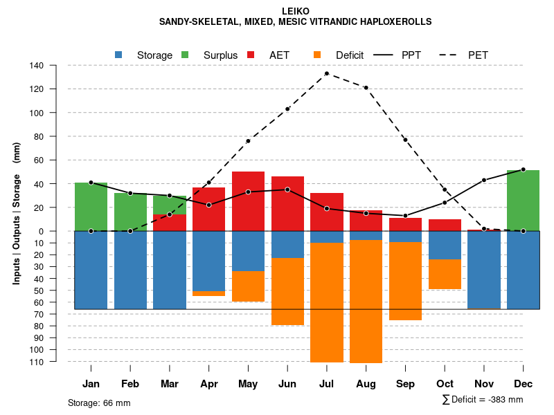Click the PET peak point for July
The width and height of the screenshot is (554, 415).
pos(326,73)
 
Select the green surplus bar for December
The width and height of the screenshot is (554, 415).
pos(523,201)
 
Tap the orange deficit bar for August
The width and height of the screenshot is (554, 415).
pos(366,301)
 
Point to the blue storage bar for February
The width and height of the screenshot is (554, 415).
pos(130,270)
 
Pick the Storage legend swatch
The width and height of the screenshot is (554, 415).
pos(119,55)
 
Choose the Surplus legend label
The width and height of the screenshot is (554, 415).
pos(220,55)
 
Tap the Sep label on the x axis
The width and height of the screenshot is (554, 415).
pos(405,384)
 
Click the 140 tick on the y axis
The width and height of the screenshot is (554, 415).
pos(37,66)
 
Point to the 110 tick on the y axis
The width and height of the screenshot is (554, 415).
pos(37,362)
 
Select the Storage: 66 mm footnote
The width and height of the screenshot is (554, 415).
pos(99,403)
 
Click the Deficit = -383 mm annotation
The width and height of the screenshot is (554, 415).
pos(483,400)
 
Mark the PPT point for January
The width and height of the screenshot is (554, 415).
pos(91,183)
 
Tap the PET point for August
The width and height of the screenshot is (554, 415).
pos(366,88)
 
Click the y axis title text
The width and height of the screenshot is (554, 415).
pos(17,212)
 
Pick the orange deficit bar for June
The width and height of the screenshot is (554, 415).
pos(287,291)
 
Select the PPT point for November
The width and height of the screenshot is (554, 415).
pos(483,180)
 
